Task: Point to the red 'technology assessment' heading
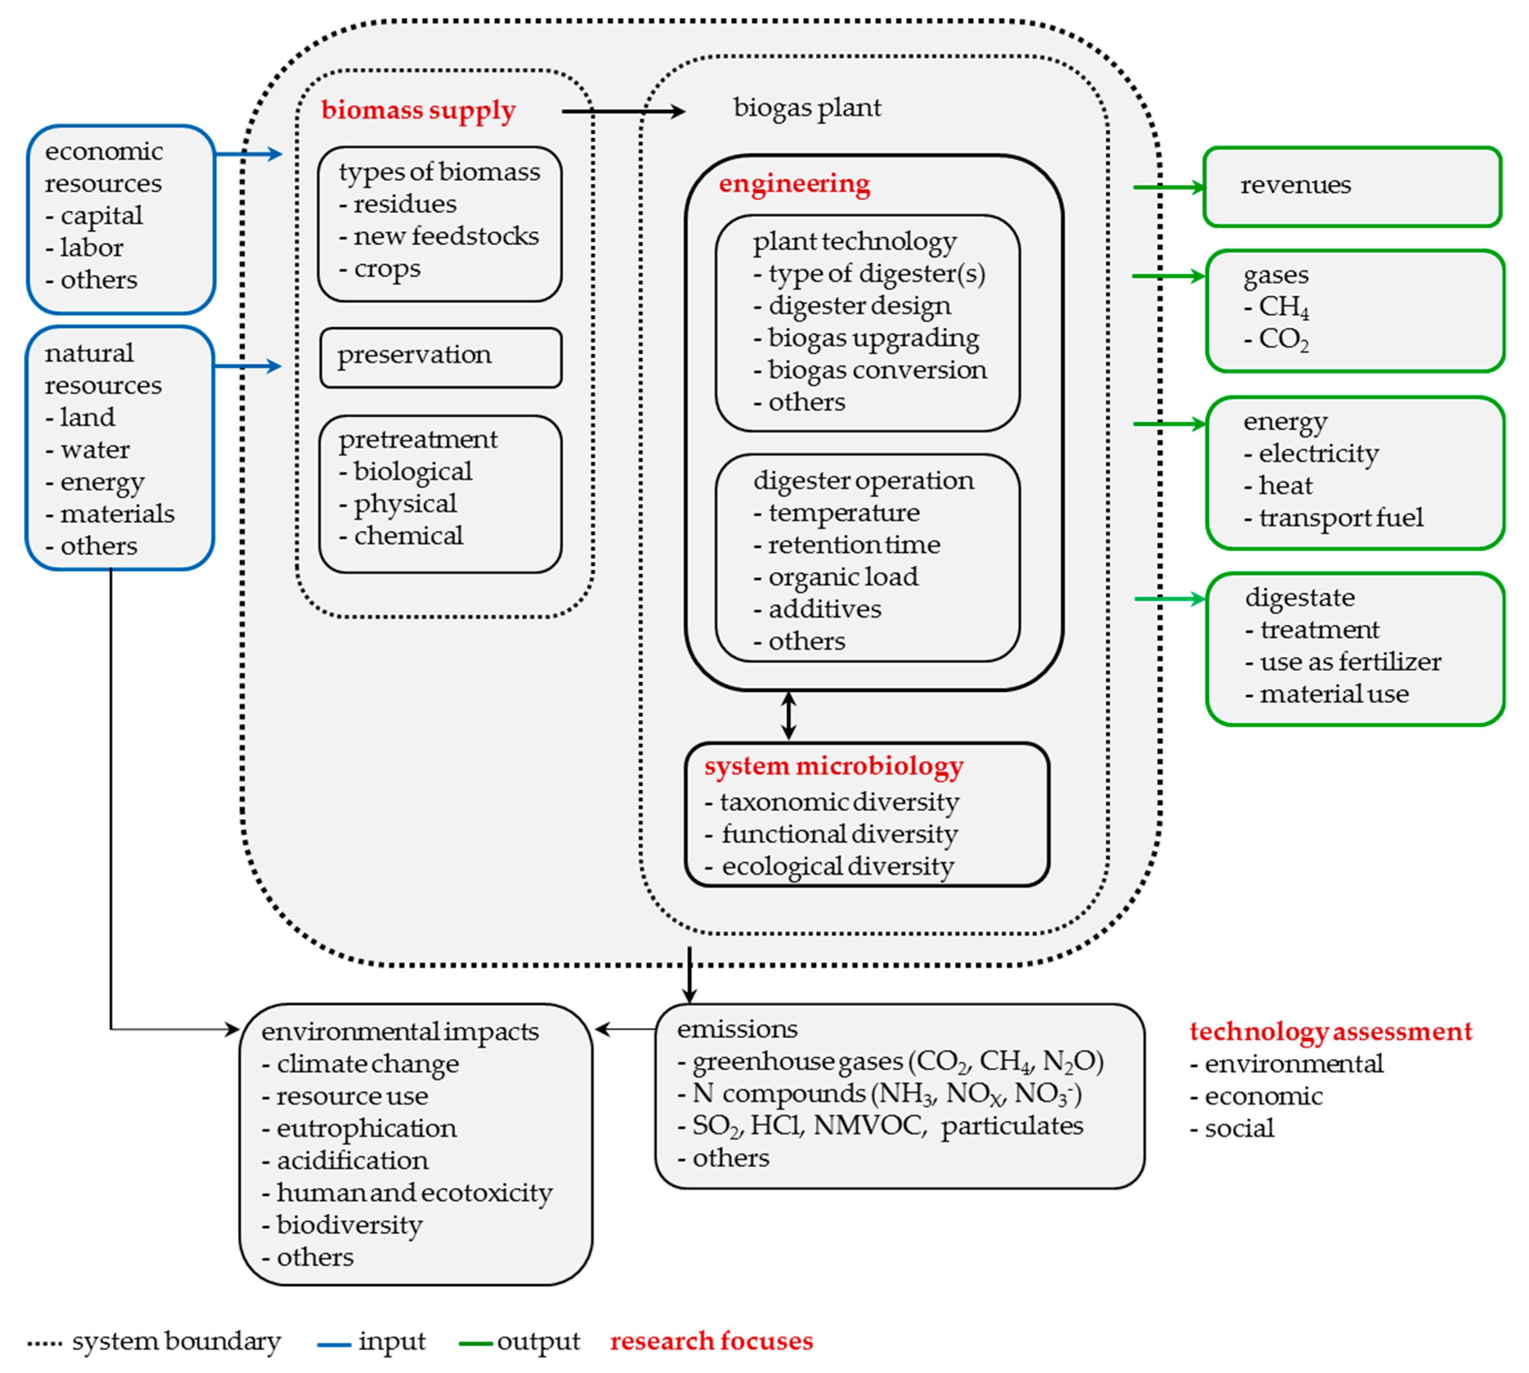(1330, 1031)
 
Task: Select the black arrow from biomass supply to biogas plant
(622, 112)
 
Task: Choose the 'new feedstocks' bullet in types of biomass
(445, 236)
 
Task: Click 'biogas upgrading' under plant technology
(873, 338)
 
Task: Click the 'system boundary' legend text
(176, 1341)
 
